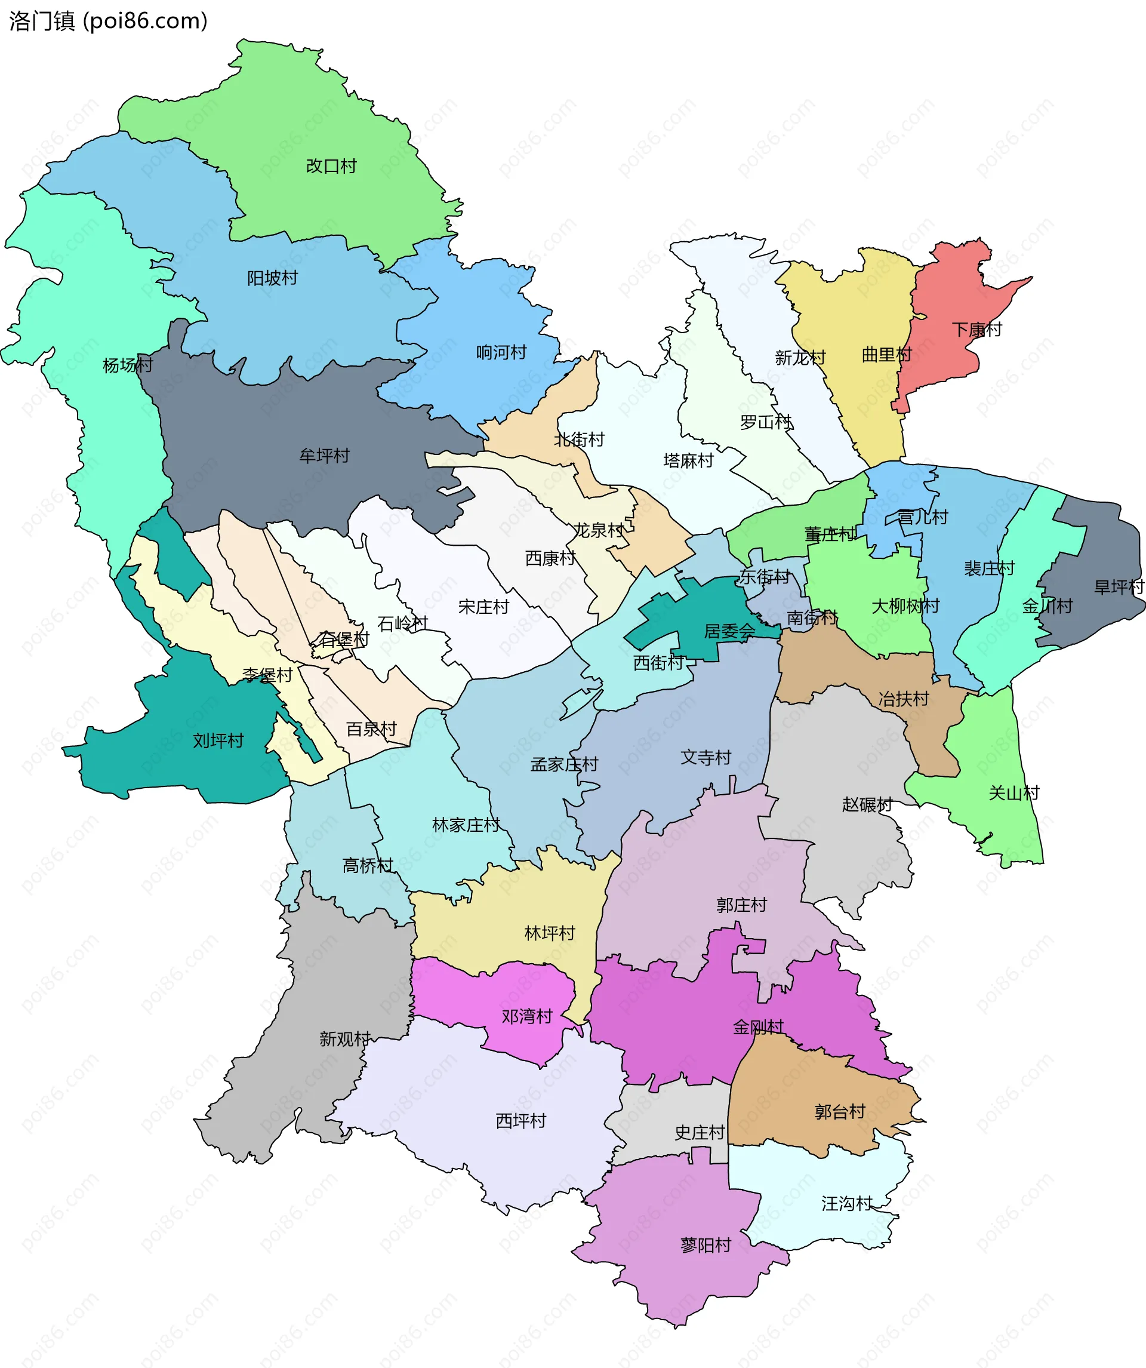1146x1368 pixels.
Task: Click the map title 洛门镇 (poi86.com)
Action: click(x=108, y=21)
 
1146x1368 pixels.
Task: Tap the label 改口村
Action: click(x=331, y=166)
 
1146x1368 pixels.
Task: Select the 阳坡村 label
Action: click(x=272, y=278)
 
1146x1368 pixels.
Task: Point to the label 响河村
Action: click(x=501, y=352)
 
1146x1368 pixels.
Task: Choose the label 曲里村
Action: click(x=886, y=354)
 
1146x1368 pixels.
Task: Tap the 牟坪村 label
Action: click(x=324, y=456)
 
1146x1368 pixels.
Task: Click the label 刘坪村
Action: click(x=218, y=740)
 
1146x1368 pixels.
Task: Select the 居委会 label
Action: click(x=729, y=631)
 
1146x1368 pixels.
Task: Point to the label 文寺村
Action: click(x=706, y=757)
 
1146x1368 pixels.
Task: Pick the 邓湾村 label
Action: click(x=527, y=1016)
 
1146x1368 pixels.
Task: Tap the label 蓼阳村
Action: click(x=706, y=1245)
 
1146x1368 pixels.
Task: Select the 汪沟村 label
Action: click(x=846, y=1203)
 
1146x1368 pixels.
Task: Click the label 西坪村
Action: click(x=521, y=1120)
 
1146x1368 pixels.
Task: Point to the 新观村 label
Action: click(x=345, y=1038)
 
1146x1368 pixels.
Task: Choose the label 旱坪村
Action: click(x=1119, y=587)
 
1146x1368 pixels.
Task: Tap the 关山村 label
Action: click(x=1014, y=793)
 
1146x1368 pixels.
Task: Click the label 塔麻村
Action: click(x=688, y=460)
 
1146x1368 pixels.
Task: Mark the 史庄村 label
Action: click(x=700, y=1132)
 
